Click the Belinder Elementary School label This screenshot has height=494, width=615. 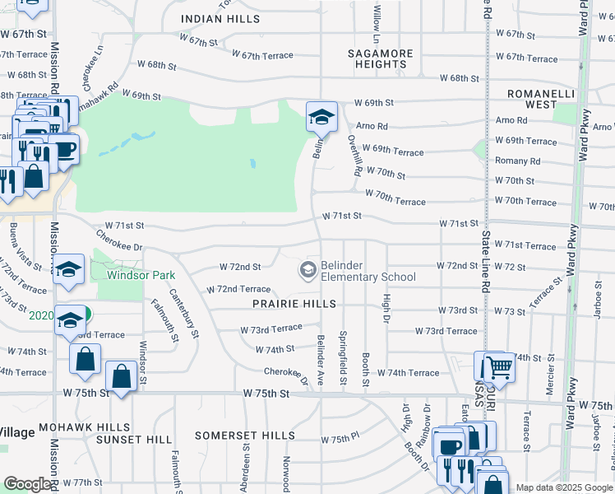[368, 271]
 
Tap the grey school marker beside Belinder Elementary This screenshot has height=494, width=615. [308, 270]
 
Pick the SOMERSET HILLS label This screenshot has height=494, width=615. [244, 435]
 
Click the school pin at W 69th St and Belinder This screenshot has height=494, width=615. [321, 118]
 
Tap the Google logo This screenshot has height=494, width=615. [28, 484]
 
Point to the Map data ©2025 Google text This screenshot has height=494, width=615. [563, 487]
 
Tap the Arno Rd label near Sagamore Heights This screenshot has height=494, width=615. [372, 126]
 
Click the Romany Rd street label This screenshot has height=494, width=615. [517, 161]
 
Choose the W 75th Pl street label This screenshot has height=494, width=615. [340, 440]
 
